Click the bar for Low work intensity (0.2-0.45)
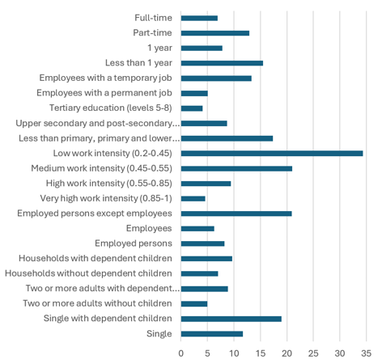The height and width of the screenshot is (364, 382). point(272,153)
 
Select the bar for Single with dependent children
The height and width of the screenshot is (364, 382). point(231,319)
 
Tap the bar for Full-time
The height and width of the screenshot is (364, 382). point(199,18)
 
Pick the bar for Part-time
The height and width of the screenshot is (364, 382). point(215,33)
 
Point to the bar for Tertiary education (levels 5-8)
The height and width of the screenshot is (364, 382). point(192,108)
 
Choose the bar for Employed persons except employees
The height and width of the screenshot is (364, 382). point(236,214)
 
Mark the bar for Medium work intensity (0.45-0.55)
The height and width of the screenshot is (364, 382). point(236,168)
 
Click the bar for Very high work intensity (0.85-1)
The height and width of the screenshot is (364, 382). point(193,198)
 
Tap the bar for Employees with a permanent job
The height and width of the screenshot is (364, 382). point(194,93)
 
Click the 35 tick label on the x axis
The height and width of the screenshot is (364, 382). point(366,353)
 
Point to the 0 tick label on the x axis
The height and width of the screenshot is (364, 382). point(181,353)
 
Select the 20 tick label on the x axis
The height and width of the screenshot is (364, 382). point(286,353)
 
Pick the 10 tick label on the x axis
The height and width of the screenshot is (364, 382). point(234,353)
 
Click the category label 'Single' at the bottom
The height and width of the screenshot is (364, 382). point(159,334)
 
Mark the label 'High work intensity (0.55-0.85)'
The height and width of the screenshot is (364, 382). point(104,183)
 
